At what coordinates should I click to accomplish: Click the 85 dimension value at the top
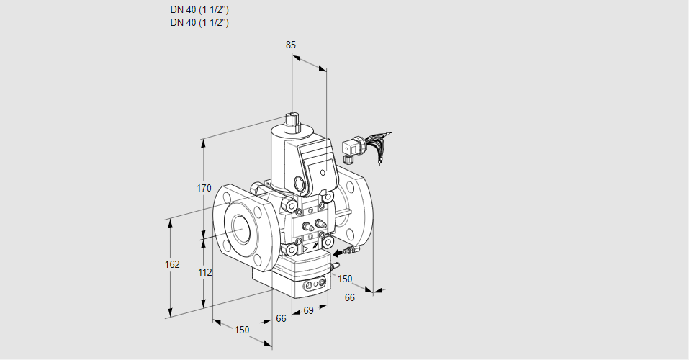point(290,45)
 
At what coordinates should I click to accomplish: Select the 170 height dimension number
point(204,189)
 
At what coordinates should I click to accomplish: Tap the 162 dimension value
point(171,264)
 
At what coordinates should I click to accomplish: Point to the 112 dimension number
point(204,272)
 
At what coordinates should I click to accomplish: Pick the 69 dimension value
point(308,310)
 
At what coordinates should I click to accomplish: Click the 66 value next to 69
point(281,318)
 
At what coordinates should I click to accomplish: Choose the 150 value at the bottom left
point(242,330)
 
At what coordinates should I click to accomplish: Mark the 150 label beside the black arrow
point(346,279)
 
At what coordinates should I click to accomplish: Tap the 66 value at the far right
point(350,297)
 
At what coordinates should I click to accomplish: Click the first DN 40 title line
point(200,10)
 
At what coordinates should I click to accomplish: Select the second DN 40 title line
point(200,22)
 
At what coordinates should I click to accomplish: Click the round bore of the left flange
point(240,228)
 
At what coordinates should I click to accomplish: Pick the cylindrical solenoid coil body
point(282,155)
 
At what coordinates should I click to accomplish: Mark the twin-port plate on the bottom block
point(313,286)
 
